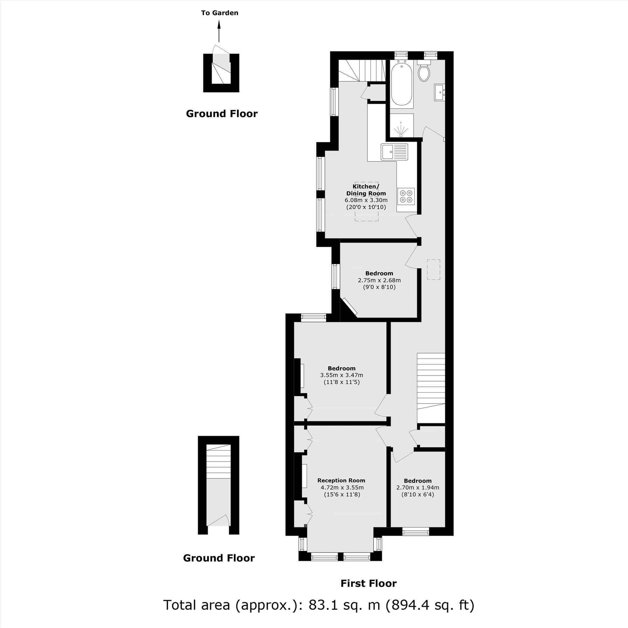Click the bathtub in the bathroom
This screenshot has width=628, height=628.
(x=402, y=84)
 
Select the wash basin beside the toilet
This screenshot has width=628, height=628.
(x=440, y=92)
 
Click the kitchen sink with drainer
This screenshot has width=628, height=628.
(x=394, y=152)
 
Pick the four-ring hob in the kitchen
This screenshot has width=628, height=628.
(x=406, y=196)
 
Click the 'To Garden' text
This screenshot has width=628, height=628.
(x=219, y=13)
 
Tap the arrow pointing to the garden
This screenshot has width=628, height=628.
(x=219, y=31)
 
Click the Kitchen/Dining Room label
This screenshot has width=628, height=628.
(x=366, y=190)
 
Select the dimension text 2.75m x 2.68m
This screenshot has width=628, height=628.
(x=379, y=280)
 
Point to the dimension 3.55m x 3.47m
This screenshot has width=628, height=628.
(x=341, y=375)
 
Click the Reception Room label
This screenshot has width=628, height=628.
(x=341, y=480)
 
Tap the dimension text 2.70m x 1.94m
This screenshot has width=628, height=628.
(x=417, y=488)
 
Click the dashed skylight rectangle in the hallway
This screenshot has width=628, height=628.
(x=433, y=269)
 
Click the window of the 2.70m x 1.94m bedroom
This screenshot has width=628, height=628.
(x=415, y=532)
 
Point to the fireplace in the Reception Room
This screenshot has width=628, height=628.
(x=304, y=476)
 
